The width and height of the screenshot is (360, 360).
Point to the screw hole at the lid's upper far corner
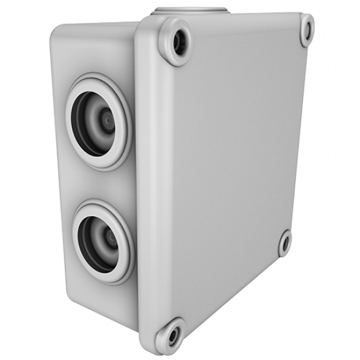[306, 29]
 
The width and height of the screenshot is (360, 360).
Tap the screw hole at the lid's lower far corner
[285, 243]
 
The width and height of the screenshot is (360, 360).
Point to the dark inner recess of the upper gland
[88, 121]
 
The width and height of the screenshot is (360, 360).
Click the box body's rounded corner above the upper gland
[62, 36]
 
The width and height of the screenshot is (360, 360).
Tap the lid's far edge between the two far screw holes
[298, 131]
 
